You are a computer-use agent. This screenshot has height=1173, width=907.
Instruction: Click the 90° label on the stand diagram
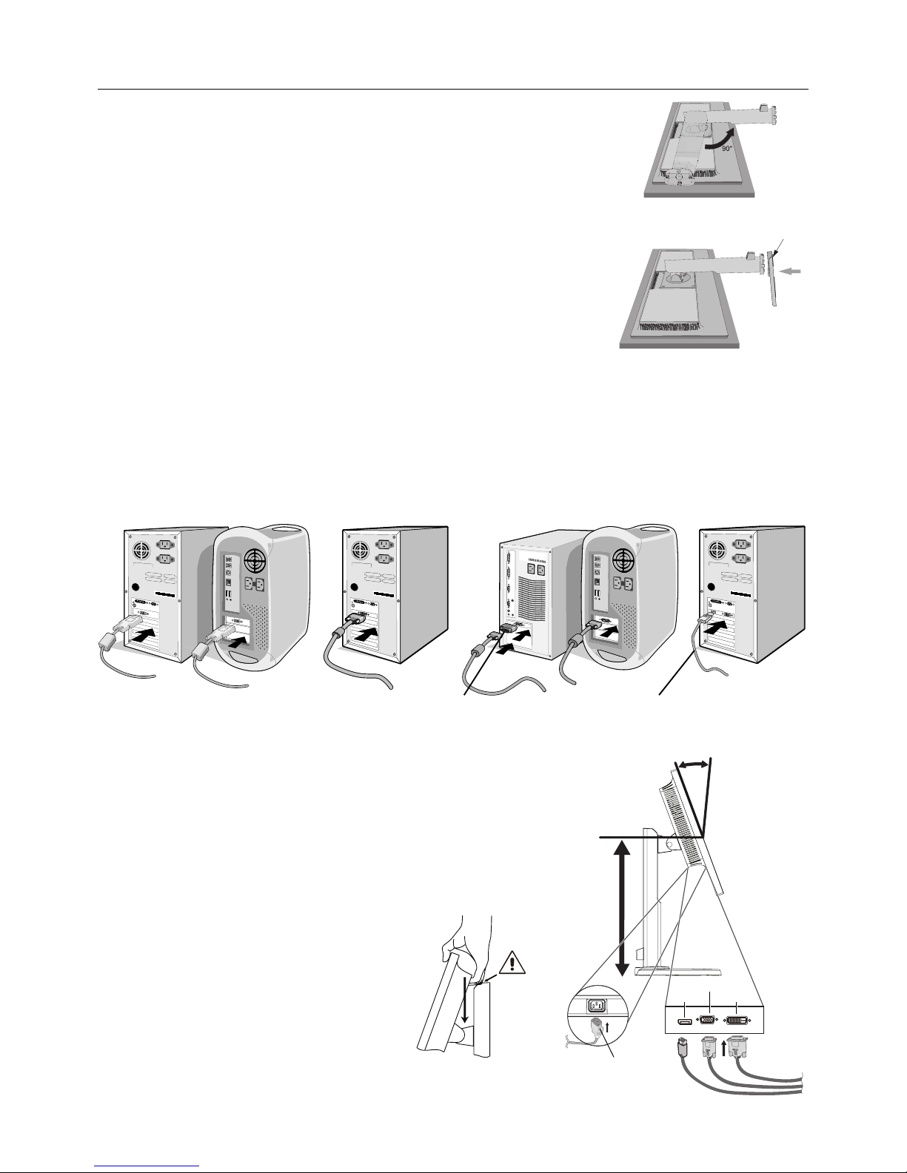pos(727,148)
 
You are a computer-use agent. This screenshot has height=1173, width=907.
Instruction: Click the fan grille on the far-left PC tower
pos(141,551)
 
